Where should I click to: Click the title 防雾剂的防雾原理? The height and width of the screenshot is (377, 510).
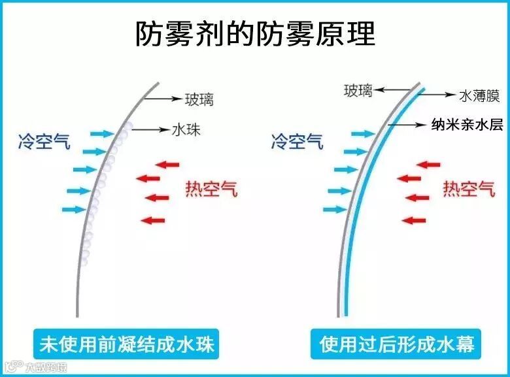(x=255, y=33)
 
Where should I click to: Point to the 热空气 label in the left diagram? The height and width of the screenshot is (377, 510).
(x=211, y=189)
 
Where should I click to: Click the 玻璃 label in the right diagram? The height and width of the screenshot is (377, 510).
(x=358, y=90)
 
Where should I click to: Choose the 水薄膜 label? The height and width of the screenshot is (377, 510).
(x=479, y=96)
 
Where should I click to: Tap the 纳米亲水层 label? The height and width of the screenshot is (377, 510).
(x=467, y=125)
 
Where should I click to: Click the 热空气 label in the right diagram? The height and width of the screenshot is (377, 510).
(x=469, y=189)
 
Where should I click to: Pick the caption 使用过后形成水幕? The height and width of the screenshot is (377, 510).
(x=397, y=343)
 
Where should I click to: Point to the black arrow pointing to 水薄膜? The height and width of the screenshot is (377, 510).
(x=437, y=95)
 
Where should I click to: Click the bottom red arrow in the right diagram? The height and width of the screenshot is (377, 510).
(x=414, y=220)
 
